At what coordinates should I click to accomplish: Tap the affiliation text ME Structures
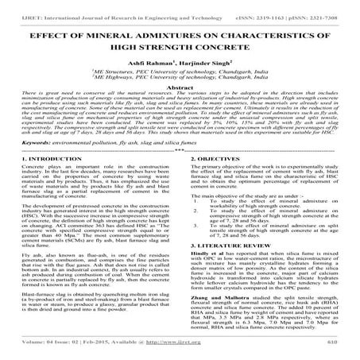(x=137, y=73)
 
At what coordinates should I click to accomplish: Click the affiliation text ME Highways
(x=137, y=81)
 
